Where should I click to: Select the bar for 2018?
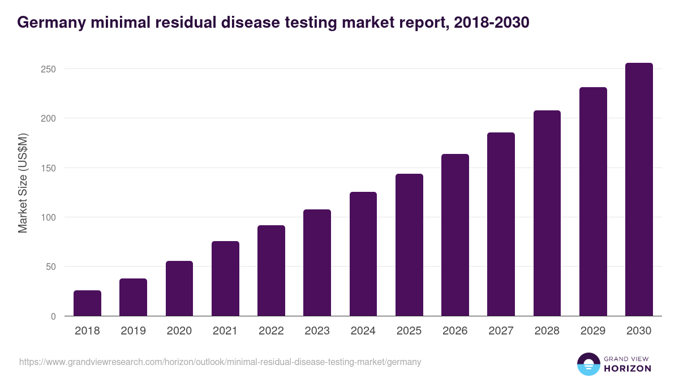pos(87,303)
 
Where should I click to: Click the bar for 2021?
pos(225,278)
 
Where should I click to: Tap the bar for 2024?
pos(363,254)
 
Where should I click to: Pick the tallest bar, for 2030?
pos(639,190)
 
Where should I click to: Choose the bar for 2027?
pos(501,224)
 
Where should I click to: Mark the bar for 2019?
pos(133,297)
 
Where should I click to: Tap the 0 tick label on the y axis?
pos(53,316)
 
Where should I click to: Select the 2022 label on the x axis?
pos(271,331)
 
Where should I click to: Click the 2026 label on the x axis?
pos(455,331)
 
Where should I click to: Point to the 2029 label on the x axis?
pos(593,331)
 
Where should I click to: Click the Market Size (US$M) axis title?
pos(23,183)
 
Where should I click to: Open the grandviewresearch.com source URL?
pos(220,362)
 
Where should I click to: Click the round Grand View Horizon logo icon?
pos(588,364)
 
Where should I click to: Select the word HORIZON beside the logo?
pos(628,368)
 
